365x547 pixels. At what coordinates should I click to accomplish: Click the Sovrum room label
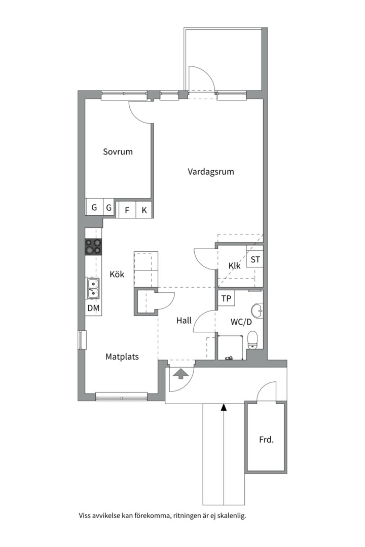click(118, 151)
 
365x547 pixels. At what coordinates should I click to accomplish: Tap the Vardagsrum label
click(211, 172)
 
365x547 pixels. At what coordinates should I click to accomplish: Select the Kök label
click(117, 274)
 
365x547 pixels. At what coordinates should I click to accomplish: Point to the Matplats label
click(122, 357)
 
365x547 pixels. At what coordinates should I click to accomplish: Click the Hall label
click(184, 320)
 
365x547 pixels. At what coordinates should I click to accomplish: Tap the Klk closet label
click(234, 265)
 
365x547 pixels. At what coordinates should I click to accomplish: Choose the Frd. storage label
click(266, 440)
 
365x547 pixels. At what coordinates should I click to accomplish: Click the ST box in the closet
click(255, 259)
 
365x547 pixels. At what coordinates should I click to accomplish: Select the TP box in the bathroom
click(226, 298)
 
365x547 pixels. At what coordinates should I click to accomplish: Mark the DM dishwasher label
click(93, 308)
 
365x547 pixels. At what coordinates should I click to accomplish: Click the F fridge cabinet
click(127, 210)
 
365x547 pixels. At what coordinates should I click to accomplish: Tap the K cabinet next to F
click(144, 210)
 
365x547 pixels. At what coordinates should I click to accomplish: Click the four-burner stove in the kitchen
click(93, 247)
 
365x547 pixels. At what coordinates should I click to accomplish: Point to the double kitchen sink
click(93, 288)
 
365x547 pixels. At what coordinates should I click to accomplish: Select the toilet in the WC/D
click(252, 339)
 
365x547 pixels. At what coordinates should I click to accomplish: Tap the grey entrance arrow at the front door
click(181, 374)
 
